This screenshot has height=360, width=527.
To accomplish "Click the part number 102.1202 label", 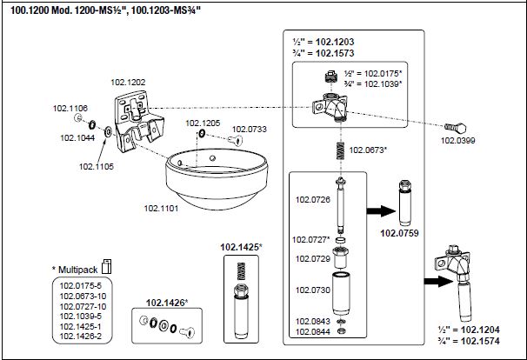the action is [x=128, y=82].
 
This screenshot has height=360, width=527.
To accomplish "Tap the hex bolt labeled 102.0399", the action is [x=456, y=128].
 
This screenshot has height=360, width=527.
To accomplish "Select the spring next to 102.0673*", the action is [x=341, y=150].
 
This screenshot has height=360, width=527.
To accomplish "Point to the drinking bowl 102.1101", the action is [x=217, y=178].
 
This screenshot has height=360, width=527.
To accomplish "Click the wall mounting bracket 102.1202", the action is [x=137, y=120].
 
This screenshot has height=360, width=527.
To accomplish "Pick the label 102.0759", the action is [x=399, y=233].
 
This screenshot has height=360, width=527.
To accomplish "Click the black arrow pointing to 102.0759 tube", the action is [x=381, y=211].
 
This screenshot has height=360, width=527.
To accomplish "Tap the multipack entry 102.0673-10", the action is [x=83, y=297].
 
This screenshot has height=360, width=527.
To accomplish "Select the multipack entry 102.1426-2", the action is [x=80, y=336].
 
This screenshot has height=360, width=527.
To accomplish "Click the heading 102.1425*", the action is [x=241, y=247].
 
